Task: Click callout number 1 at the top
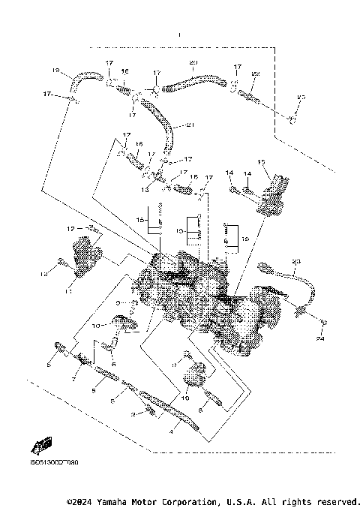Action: coord(180,36)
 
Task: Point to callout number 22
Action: coord(256,74)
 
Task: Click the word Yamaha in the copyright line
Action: coord(120,500)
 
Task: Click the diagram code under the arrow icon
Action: coord(53,462)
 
